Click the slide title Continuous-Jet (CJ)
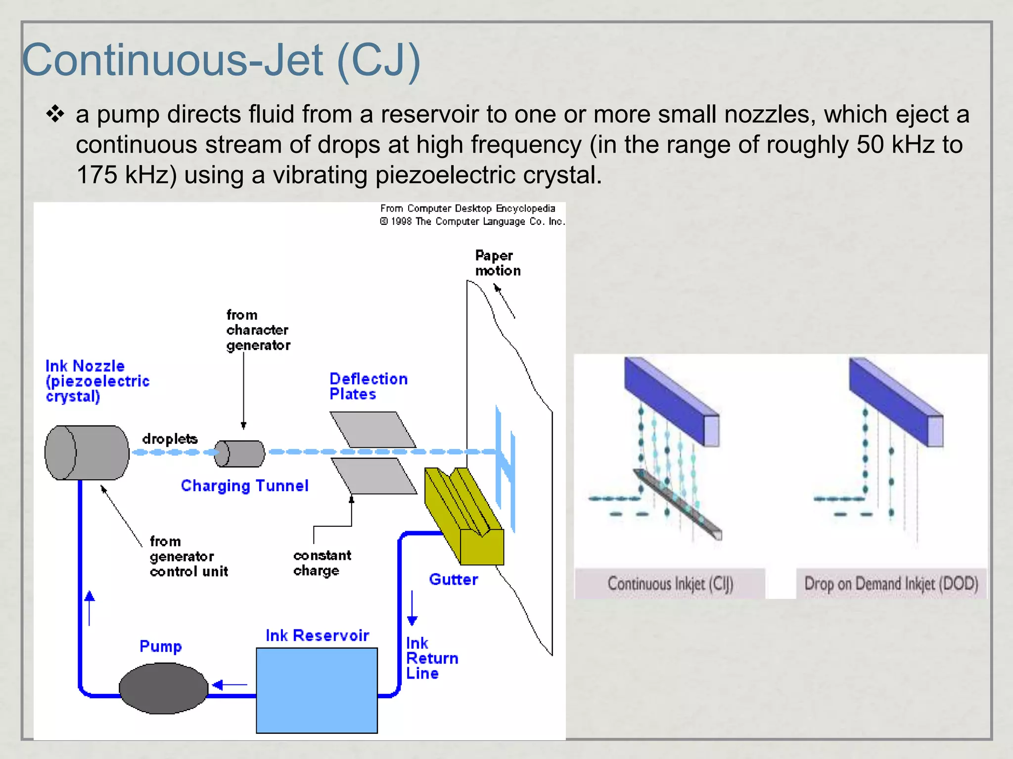coord(221,60)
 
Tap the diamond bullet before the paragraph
coord(55,115)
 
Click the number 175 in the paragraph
coord(97,175)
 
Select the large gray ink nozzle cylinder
coord(87,453)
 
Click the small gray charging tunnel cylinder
coord(240,454)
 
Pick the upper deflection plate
coord(373,429)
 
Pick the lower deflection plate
coord(374,476)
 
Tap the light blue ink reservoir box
coord(317,690)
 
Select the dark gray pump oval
coord(163,688)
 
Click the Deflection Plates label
coord(368,386)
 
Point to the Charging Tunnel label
coord(244,486)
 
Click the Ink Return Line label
coord(431,658)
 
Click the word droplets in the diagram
coord(170,439)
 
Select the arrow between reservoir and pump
coord(230,685)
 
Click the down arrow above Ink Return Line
coord(412,608)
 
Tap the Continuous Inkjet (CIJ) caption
coord(670,584)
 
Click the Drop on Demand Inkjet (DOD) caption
coord(891,584)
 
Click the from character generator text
coord(258,330)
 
